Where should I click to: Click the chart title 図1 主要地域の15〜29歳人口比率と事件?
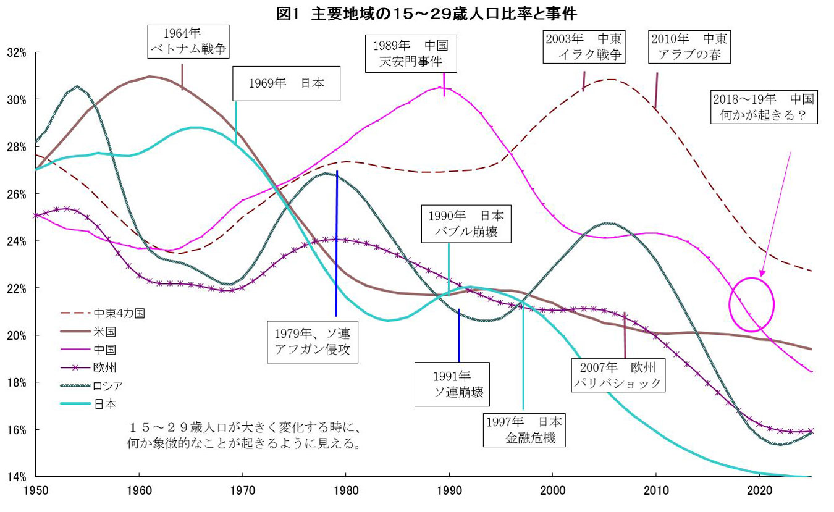coord(426,12)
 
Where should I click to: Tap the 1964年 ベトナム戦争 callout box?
coord(188,41)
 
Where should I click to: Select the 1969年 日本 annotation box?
coord(287,84)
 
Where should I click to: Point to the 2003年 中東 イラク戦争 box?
coord(584,46)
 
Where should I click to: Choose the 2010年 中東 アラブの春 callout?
coord(689,46)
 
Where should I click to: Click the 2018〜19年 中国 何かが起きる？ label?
coord(764,106)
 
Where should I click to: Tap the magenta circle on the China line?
coord(752,304)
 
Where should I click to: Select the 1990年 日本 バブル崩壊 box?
coord(466,224)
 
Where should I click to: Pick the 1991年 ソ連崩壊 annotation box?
coord(452,384)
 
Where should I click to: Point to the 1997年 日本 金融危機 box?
coord(524,430)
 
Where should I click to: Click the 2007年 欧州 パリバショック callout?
coord(618,375)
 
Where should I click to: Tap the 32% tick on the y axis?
coord(17,52)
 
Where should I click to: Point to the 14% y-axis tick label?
coord(17,477)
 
